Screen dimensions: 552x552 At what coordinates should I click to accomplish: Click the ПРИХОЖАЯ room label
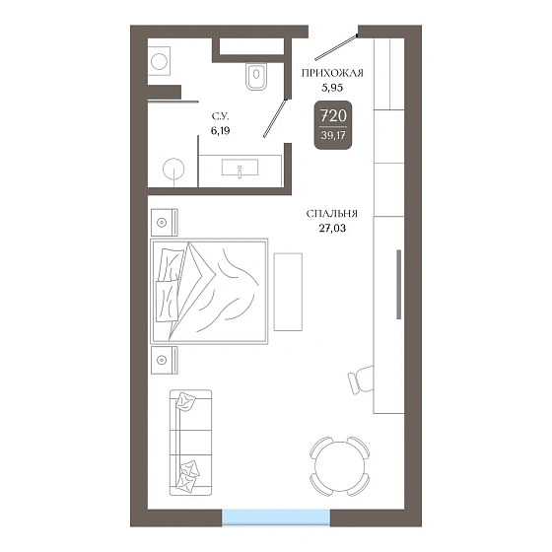coord(332,73)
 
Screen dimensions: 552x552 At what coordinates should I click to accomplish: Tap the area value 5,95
coord(332,88)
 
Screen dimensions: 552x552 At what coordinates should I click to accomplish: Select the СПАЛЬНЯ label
coord(331,214)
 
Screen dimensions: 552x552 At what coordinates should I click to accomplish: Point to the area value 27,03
coord(332,228)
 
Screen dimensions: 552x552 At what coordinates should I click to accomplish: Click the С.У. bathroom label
coord(221,116)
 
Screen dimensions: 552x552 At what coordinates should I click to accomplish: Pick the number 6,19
coord(221,130)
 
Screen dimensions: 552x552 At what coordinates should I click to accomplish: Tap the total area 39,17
coord(333,135)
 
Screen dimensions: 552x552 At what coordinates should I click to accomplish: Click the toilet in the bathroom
coord(256,76)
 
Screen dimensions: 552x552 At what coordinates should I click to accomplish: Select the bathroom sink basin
coord(240,168)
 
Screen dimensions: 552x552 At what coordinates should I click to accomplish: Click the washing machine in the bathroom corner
coord(159,61)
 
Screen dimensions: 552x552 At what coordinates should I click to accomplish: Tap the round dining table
coord(339,466)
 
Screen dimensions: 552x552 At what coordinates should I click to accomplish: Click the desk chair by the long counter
coord(361,380)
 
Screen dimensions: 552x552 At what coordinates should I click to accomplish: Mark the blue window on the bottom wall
coord(276,517)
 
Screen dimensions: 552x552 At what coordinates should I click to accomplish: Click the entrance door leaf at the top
coord(336,47)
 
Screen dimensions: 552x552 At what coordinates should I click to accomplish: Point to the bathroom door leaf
coord(275,118)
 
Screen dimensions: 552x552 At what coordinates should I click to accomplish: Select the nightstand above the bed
coord(165,223)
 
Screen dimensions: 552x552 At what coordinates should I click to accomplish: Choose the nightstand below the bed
coord(165,360)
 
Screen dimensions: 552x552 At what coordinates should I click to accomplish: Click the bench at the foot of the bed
coord(288,292)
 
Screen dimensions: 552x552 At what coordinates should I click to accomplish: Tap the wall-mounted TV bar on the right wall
coord(398,285)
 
